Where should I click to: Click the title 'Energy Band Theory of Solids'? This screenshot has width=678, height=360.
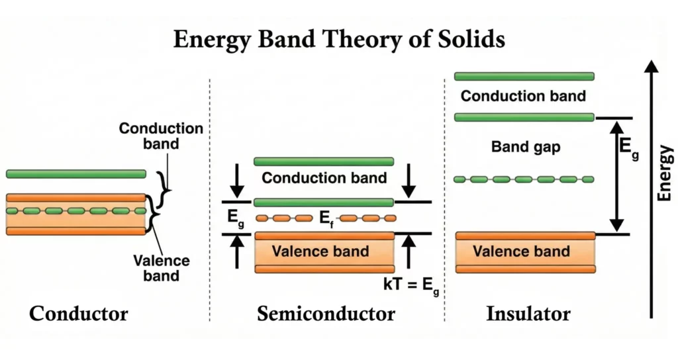pos(339,39)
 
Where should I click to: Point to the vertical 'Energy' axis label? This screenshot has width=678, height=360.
pos(665,173)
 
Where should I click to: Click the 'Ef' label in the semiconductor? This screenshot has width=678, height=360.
pos(326,218)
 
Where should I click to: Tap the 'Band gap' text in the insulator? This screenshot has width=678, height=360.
pos(526,147)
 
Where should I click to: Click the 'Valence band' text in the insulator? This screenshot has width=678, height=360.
pos(522,251)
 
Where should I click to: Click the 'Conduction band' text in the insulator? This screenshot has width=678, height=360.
pos(523,96)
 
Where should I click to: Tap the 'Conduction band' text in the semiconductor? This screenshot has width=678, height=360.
pos(324,178)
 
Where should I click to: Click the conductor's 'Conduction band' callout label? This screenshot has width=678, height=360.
pos(161,136)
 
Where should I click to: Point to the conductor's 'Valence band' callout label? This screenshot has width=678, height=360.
pos(161,267)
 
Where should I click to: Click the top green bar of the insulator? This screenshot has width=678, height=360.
pos(524,76)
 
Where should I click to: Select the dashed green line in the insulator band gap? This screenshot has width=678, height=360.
pos(524,179)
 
